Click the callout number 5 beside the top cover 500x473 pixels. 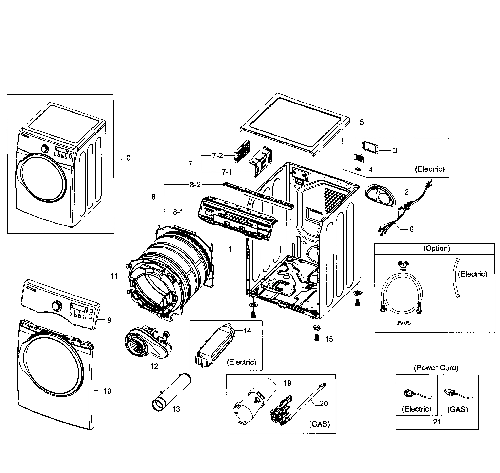tap(362, 122)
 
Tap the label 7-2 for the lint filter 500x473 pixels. tap(217, 156)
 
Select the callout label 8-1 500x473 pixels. tap(178, 212)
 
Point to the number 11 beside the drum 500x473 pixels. tap(114, 277)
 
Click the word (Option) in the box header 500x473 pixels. tap(436, 248)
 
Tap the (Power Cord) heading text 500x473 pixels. tap(436, 368)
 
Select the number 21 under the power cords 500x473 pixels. tap(437, 422)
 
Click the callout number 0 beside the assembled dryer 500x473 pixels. tap(128, 158)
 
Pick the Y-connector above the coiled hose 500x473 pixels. tap(402, 266)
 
